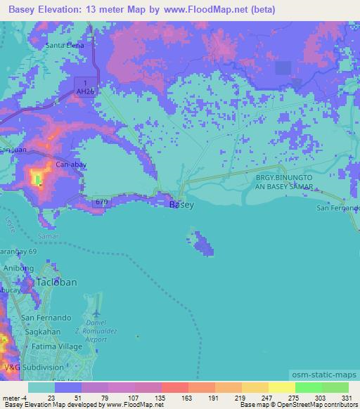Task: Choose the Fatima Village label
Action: tap(54, 347)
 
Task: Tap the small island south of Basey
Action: tap(203, 245)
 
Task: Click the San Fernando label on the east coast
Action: tap(337, 208)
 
